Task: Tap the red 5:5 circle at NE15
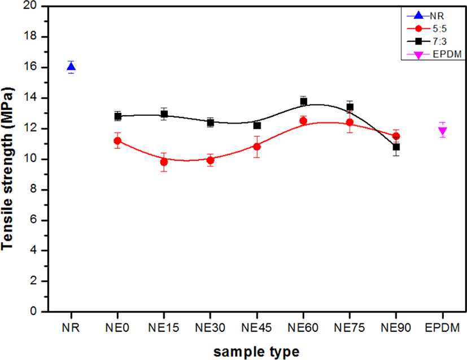pos(164,162)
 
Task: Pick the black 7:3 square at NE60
pos(303,102)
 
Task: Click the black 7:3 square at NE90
pos(396,147)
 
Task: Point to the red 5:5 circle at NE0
pos(117,141)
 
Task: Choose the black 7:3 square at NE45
pos(257,125)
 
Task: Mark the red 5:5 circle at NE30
pos(210,160)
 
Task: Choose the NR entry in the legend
pos(426,16)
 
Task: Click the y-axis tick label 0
pos(33,311)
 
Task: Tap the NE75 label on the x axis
pos(350,328)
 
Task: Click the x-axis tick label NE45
pos(256,328)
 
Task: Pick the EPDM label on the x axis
pos(443,328)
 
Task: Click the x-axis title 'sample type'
pos(256,352)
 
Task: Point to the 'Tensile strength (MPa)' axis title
pos(7,168)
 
